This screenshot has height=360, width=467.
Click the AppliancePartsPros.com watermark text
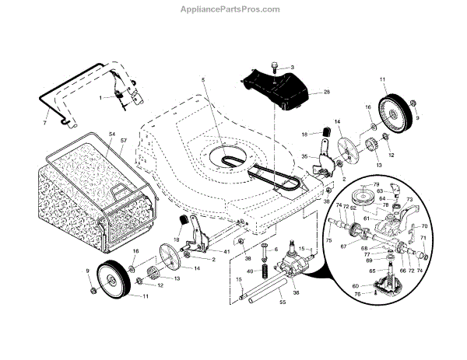click(x=233, y=9)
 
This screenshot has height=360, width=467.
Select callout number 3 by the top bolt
click(x=292, y=68)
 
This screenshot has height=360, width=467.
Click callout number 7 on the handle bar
click(x=44, y=123)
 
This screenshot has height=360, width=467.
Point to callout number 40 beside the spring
click(x=251, y=271)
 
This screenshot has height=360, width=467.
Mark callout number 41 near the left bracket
click(x=227, y=253)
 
